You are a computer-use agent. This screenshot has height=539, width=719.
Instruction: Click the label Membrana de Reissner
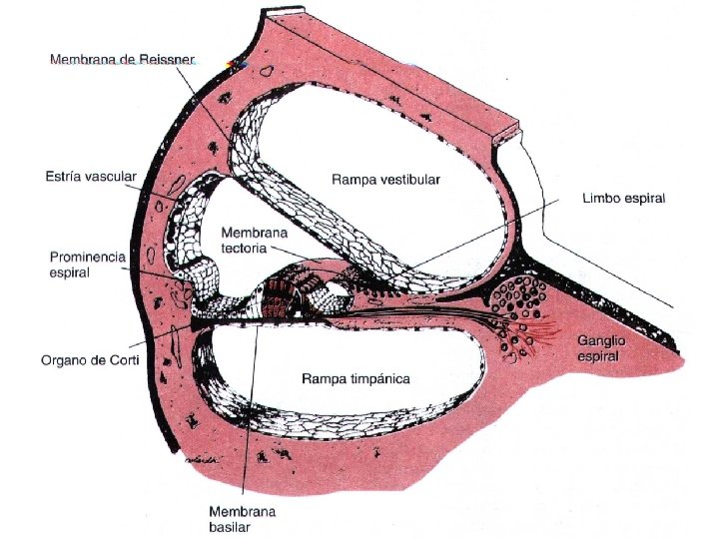click(121, 61)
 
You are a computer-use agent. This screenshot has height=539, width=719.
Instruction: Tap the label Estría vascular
click(91, 177)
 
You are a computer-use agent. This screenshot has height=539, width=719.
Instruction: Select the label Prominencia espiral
click(87, 264)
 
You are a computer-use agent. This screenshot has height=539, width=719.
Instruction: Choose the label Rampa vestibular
click(385, 180)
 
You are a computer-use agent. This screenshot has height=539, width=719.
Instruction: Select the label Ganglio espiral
click(601, 348)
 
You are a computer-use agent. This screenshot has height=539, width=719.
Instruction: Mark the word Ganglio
click(601, 341)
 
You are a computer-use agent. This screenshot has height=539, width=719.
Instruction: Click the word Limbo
click(600, 199)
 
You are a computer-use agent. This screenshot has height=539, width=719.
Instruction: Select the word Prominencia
click(87, 257)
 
